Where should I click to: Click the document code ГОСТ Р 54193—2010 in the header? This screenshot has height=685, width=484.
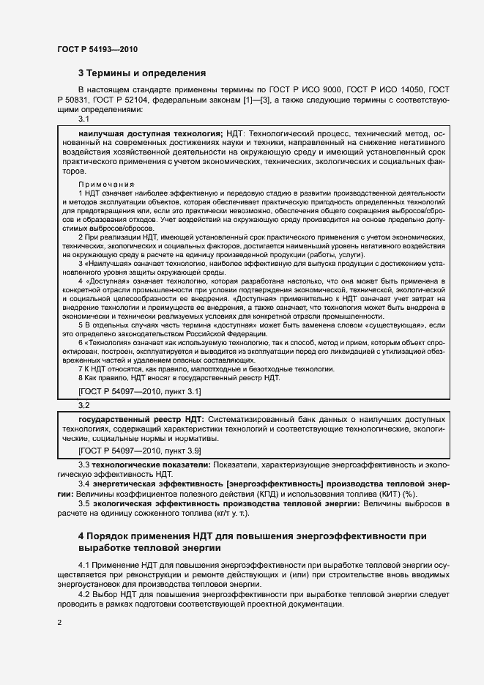97,49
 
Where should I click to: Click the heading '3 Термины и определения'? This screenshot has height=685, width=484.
142,73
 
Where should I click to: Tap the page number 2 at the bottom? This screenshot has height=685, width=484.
59,623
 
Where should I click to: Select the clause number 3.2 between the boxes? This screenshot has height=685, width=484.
83,404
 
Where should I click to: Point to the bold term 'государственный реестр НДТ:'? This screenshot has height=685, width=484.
139,418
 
